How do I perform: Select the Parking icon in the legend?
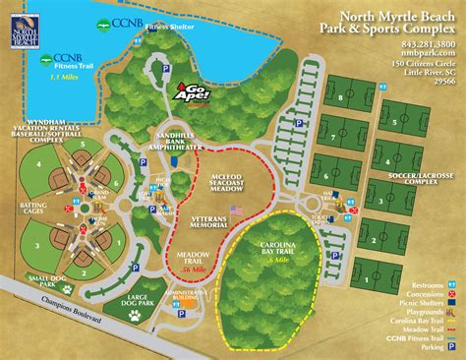coord(451,346)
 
